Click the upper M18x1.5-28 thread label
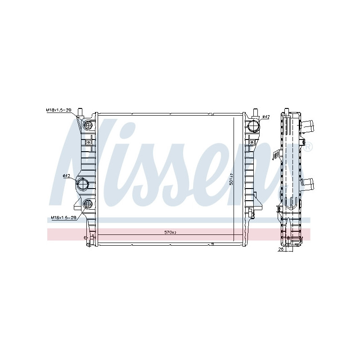point(58,110)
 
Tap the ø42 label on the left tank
point(67,175)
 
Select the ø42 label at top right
point(265,117)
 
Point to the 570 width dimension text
point(170,232)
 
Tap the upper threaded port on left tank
point(88,125)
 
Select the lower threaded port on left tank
point(88,203)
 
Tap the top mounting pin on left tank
point(80,111)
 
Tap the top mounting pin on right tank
point(255,111)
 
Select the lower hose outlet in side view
point(308,184)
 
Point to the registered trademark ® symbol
point(308,146)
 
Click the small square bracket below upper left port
point(88,143)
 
